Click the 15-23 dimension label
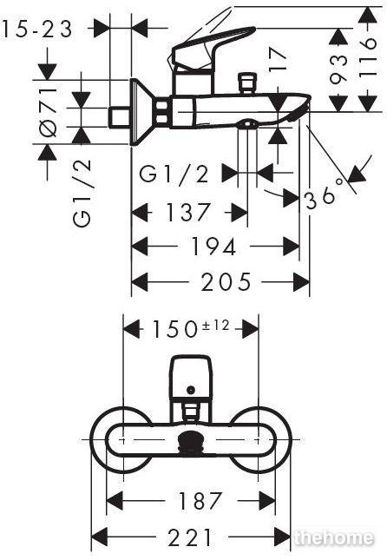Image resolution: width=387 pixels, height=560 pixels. (37, 29)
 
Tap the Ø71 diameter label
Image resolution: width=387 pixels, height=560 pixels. (49, 112)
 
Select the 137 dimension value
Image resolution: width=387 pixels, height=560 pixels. (188, 212)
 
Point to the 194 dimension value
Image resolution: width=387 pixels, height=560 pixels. (213, 247)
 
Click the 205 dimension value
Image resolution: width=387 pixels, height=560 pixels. (226, 282)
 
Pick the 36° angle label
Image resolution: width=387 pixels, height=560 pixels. (323, 198)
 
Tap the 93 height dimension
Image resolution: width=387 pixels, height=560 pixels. (338, 69)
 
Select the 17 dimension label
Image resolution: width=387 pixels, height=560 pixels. (278, 60)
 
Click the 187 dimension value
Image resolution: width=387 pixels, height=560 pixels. (200, 500)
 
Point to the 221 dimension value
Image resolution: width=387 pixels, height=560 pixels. (190, 537)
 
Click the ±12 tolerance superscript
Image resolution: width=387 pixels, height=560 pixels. (215, 326)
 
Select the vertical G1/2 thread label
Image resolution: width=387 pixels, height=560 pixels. (82, 193)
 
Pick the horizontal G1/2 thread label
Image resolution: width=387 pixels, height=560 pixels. (174, 175)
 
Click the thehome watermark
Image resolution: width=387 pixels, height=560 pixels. (335, 537)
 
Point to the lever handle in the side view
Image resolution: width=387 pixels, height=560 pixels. (213, 46)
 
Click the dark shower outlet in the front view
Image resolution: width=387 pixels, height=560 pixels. (192, 443)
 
